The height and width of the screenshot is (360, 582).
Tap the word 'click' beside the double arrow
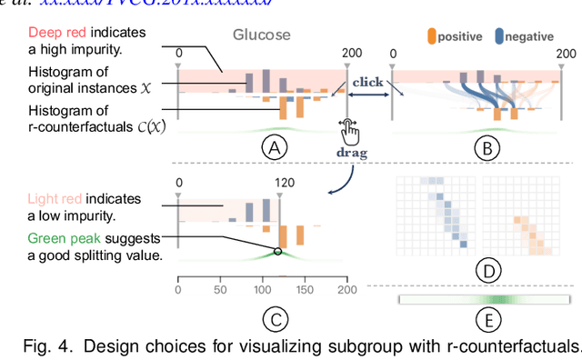(368, 80)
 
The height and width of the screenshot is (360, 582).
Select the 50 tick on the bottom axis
(220, 290)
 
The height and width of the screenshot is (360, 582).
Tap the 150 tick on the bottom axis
(305, 290)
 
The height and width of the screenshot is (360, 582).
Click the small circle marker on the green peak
(277, 252)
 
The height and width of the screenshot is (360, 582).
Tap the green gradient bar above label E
(484, 299)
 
